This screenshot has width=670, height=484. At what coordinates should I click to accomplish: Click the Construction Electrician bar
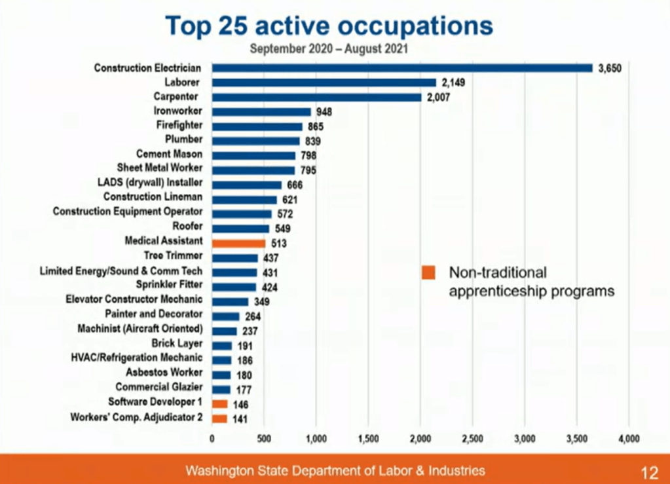click(401, 68)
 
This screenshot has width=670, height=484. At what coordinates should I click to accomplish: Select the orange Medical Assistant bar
click(238, 242)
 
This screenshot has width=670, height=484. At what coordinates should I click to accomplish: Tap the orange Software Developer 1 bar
click(219, 404)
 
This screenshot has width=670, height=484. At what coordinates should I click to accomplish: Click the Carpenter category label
click(180, 97)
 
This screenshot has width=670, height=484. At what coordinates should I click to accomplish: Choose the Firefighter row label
click(179, 125)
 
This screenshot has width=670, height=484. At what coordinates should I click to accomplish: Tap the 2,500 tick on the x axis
click(472, 438)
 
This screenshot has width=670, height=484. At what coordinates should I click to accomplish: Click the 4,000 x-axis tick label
click(629, 438)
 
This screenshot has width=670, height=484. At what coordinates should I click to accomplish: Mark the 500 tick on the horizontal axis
click(264, 438)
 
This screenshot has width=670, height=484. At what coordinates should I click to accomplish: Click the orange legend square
click(429, 273)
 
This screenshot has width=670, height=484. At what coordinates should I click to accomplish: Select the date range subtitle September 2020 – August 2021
click(329, 48)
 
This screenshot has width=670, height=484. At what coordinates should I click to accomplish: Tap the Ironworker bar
click(261, 111)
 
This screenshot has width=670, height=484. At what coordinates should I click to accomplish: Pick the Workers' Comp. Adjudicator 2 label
click(137, 417)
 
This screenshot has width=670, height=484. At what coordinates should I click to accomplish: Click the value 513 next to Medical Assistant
click(280, 243)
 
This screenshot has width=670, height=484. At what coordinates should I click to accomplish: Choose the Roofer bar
click(240, 228)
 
